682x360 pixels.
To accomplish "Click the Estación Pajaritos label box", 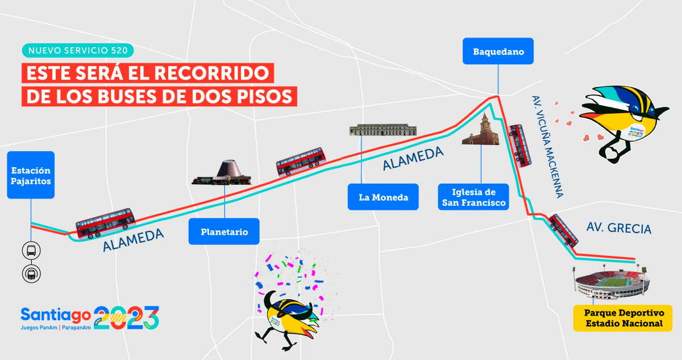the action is click(x=31, y=175).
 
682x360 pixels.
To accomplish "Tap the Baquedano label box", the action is click(x=498, y=51).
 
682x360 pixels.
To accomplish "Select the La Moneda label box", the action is click(x=383, y=197).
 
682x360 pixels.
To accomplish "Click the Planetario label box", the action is click(x=224, y=231).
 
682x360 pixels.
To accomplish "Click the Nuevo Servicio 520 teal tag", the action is click(x=78, y=50).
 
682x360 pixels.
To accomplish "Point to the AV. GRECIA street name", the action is click(x=619, y=228).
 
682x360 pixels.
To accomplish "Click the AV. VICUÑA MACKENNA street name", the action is click(x=547, y=146).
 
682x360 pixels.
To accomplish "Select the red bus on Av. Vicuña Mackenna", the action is click(x=520, y=145).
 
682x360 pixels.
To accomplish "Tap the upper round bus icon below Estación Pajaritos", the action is click(x=31, y=250).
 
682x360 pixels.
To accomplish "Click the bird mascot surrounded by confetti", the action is click(x=287, y=316).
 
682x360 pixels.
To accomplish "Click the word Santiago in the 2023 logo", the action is click(x=55, y=314).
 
